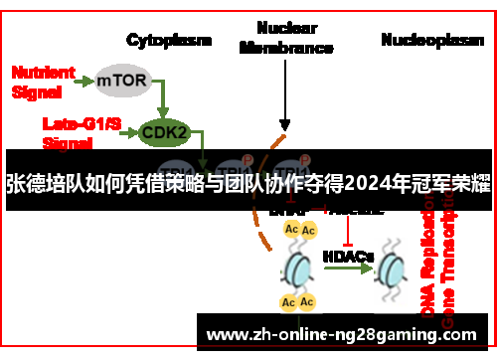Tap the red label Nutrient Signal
(x=42, y=82)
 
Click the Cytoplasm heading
(x=169, y=40)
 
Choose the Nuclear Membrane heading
(x=285, y=38)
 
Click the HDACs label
(x=348, y=257)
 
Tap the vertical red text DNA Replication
(x=429, y=269)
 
